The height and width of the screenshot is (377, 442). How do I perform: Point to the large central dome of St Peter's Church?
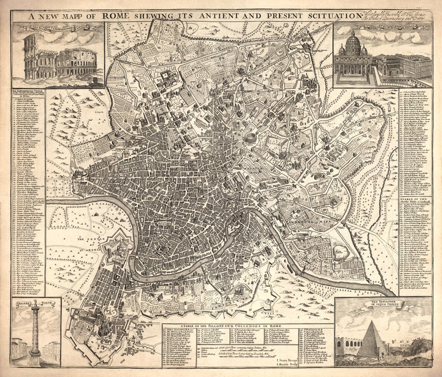(x=353, y=42)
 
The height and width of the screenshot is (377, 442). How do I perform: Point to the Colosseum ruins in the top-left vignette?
(x=60, y=63)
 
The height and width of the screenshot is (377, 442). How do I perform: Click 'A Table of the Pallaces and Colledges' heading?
(x=231, y=326)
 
